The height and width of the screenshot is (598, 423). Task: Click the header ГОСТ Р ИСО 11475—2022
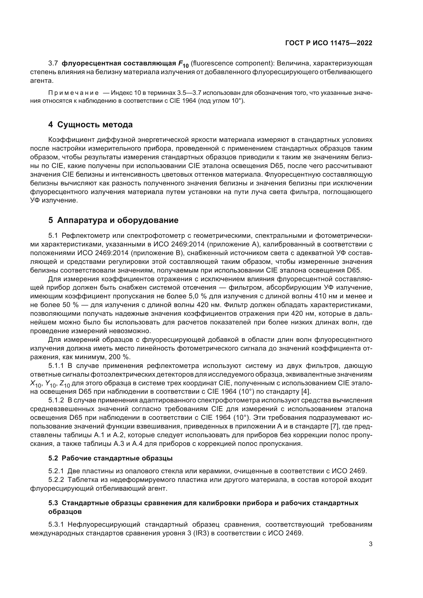(x=329, y=43)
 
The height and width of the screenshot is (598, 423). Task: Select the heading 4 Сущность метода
(x=90, y=125)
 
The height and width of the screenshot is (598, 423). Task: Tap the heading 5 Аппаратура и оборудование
(x=113, y=220)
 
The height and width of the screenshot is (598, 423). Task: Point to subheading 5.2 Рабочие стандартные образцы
(x=110, y=458)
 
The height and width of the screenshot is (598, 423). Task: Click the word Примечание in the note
(x=73, y=93)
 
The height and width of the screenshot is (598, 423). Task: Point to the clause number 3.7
(x=53, y=63)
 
